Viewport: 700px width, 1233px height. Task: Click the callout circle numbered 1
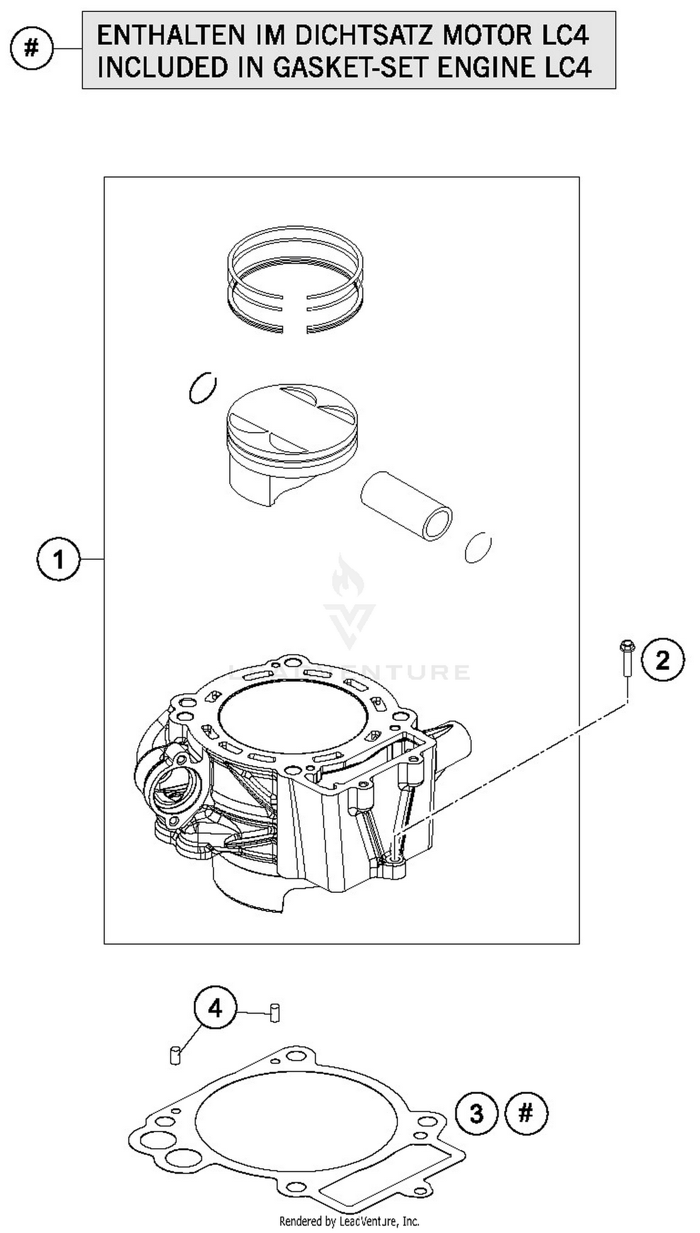click(x=58, y=559)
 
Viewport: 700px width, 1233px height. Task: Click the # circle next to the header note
click(x=31, y=49)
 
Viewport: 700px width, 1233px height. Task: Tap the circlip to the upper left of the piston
click(x=202, y=388)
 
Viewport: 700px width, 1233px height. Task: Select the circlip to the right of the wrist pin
click(x=478, y=548)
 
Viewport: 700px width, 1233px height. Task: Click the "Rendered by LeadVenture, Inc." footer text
click(x=350, y=1221)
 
